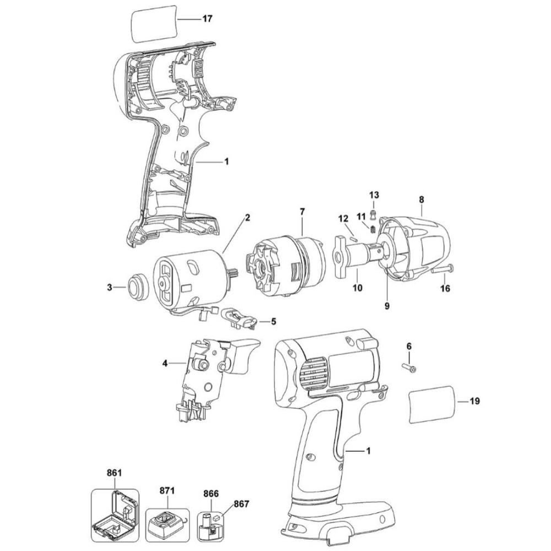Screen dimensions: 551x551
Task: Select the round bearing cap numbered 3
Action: (x=136, y=287)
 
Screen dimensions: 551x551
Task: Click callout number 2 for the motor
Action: (x=247, y=218)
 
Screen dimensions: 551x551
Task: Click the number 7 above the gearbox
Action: (x=302, y=212)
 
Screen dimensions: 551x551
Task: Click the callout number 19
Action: (x=474, y=402)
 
